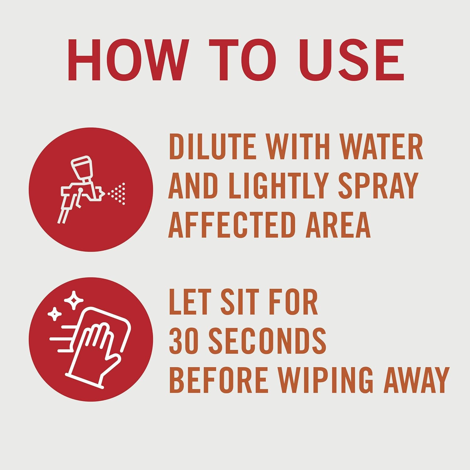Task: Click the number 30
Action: tap(184, 341)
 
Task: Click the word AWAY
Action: tap(416, 380)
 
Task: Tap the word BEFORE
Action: tap(218, 380)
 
